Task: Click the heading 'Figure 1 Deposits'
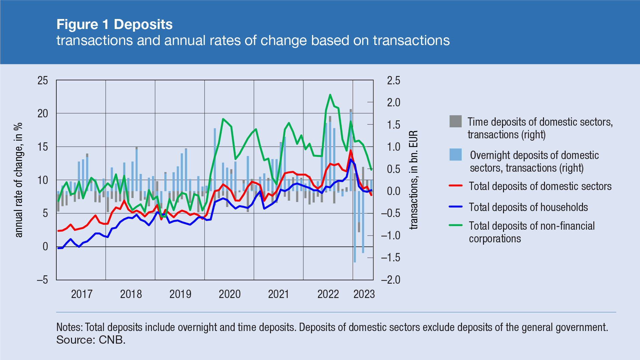click(114, 24)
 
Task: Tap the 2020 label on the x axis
click(229, 294)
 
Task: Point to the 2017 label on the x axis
click(81, 294)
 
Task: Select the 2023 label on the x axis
click(364, 294)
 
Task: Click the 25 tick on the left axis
click(43, 80)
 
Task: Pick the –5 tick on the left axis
click(42, 280)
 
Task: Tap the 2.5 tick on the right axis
click(393, 80)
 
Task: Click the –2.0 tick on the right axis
click(390, 280)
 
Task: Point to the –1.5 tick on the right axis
click(390, 257)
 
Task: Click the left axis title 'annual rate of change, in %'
click(19, 180)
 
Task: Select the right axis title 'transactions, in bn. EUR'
click(413, 180)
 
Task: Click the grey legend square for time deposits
click(455, 121)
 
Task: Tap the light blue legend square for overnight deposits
click(455, 155)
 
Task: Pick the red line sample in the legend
click(455, 186)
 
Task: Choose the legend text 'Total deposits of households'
click(528, 207)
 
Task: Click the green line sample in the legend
click(455, 225)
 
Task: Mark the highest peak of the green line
click(330, 95)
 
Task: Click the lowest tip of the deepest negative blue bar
click(355, 262)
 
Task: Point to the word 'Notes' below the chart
click(69, 327)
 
